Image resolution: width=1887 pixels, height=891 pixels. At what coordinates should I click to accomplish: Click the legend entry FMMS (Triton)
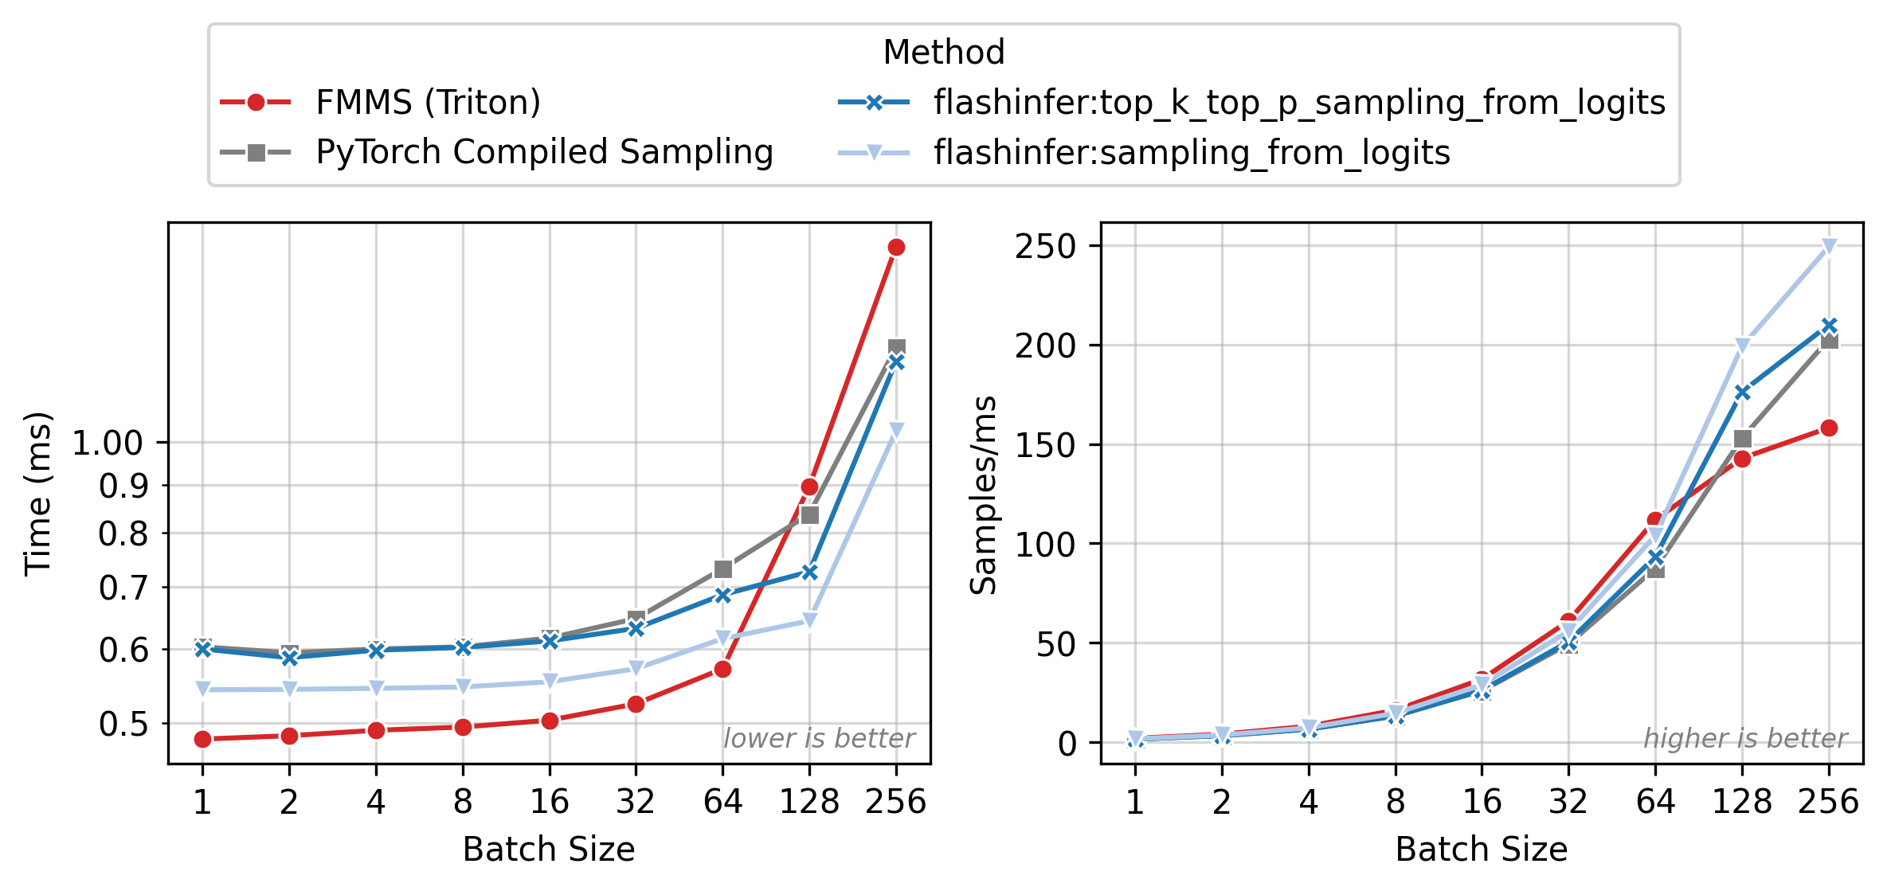click(428, 103)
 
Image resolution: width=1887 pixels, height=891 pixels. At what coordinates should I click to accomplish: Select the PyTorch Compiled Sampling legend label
click(544, 152)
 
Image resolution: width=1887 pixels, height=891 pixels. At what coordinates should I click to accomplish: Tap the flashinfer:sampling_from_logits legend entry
click(1192, 152)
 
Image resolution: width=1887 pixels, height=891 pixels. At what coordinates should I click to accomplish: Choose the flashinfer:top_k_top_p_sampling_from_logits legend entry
click(1299, 103)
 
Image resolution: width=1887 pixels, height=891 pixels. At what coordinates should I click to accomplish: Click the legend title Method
click(944, 53)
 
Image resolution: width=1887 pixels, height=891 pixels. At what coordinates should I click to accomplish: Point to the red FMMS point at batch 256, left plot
click(896, 248)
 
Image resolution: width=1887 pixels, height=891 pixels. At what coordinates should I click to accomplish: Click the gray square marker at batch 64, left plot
click(722, 569)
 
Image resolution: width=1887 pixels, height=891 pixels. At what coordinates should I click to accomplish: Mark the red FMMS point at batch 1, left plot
click(202, 740)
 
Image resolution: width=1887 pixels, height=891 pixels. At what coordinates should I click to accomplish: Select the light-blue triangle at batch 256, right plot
click(1829, 247)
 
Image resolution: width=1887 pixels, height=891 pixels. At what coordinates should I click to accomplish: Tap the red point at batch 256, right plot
click(1829, 428)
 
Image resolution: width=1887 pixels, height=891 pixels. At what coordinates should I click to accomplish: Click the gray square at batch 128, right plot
click(1742, 440)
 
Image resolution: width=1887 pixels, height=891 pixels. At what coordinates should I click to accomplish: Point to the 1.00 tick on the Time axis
click(108, 443)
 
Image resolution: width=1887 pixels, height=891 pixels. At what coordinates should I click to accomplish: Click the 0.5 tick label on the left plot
click(123, 724)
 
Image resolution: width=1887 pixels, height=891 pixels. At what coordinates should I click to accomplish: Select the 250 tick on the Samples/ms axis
click(1045, 246)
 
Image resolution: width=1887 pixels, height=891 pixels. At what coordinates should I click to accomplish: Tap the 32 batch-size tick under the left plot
click(636, 801)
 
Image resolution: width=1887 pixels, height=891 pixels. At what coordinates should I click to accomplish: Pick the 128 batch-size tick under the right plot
click(1742, 801)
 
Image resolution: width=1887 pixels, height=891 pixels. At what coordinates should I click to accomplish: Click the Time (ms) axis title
click(37, 494)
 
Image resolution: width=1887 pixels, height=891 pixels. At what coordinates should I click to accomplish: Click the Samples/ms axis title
click(983, 494)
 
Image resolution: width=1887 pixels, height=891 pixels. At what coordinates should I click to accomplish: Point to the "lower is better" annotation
click(819, 739)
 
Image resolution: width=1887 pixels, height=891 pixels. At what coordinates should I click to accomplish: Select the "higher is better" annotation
click(1745, 739)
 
